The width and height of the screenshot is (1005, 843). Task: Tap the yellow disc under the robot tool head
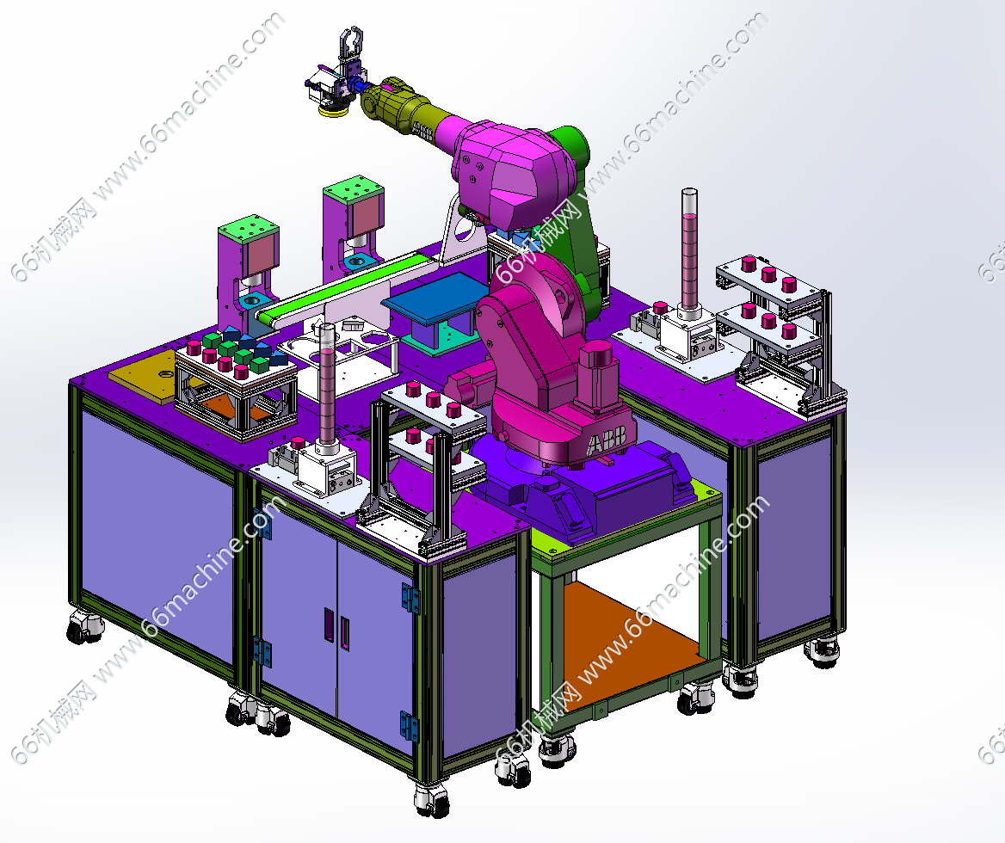[332, 112]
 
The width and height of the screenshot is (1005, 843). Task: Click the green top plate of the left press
[248, 230]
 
